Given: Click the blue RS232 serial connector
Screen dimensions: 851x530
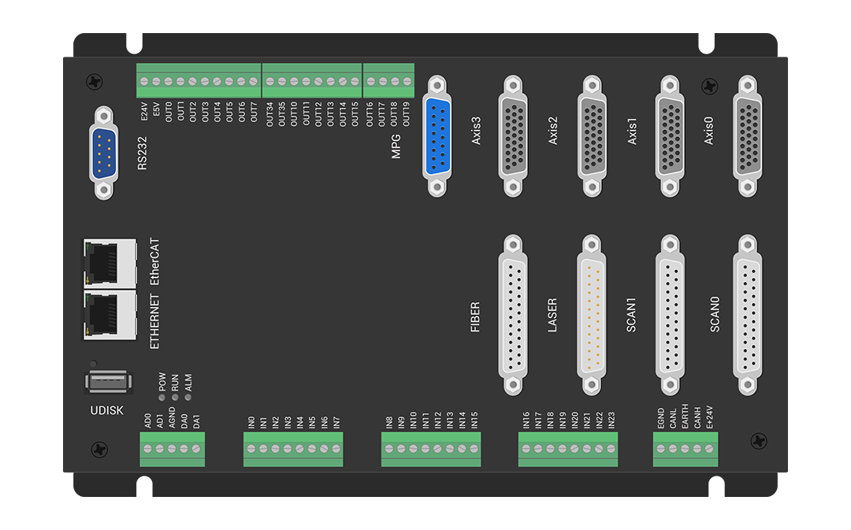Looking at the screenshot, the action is point(104,153).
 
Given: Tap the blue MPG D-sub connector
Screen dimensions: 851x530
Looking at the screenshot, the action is point(437,135).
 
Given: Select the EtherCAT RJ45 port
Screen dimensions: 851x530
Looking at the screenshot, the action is point(109,264).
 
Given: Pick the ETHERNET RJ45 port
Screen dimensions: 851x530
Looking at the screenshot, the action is point(109,315).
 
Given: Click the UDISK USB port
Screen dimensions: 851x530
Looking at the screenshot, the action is point(109,381).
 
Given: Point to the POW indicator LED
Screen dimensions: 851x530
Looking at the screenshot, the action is point(162,398).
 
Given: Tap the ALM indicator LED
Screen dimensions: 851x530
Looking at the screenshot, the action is point(188,398).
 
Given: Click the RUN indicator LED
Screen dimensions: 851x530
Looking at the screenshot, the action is point(175,398).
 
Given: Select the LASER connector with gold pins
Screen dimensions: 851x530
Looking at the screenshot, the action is point(592,315).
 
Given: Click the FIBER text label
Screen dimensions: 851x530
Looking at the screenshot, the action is point(475,317).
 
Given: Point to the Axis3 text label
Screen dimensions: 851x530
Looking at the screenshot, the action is point(476,131).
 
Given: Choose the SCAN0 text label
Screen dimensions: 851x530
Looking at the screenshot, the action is point(715,314).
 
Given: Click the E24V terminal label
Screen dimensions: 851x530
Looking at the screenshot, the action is point(144,112).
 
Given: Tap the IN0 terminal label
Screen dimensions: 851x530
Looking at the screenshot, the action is point(251,423).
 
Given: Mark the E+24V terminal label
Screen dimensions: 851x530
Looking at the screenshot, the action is point(709,417).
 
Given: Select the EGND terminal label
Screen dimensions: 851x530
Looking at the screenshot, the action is point(660,418).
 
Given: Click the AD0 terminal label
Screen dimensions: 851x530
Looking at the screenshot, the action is point(147,421).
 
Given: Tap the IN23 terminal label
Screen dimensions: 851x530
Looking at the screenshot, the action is point(611,421).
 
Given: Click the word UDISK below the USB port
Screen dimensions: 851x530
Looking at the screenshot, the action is point(107,410).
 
